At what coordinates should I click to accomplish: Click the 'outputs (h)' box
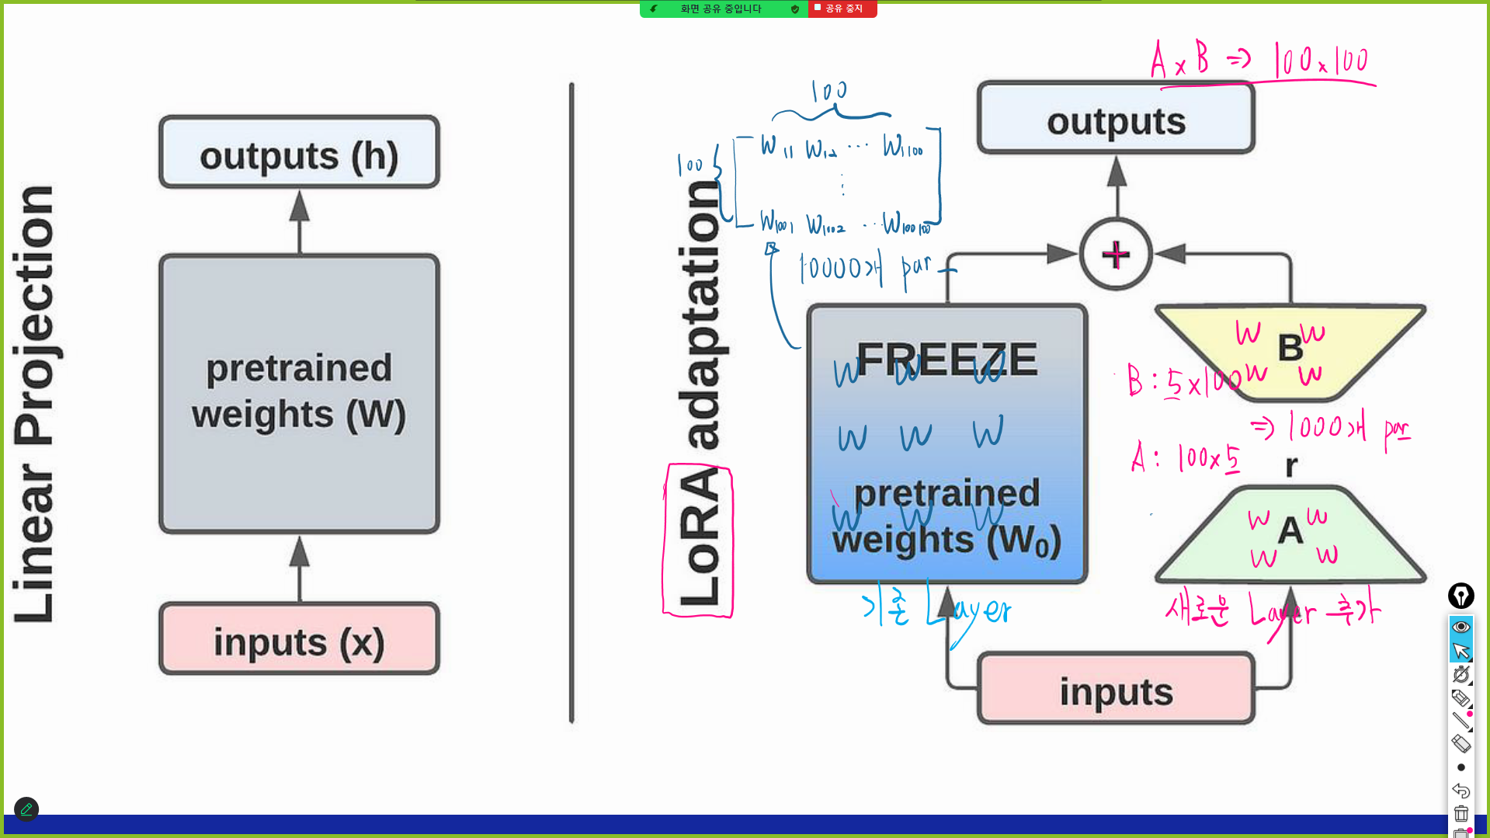coord(299,153)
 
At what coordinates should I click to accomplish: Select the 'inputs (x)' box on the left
coord(299,640)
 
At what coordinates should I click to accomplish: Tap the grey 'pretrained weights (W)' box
coord(299,393)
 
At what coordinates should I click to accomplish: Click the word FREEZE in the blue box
coord(946,359)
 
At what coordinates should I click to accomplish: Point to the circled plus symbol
coord(1116,255)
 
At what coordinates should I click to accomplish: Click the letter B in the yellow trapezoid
coord(1290,347)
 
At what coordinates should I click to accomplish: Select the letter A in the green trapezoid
coord(1290,530)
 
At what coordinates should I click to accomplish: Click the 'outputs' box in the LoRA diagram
coord(1116,120)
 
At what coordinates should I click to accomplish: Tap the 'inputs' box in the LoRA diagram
coord(1116,690)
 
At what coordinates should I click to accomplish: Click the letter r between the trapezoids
coord(1291,465)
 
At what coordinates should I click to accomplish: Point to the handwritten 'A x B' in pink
coord(1179,60)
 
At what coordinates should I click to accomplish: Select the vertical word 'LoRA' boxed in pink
coord(698,539)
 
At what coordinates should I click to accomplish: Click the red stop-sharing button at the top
coord(843,9)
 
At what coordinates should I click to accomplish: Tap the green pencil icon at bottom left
coord(26,809)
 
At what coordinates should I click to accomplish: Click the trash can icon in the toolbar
coord(1461,813)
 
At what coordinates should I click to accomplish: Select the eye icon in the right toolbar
coord(1461,627)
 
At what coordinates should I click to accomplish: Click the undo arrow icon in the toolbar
coord(1461,790)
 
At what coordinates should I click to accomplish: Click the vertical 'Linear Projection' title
coord(34,404)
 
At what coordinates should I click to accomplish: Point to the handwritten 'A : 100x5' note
coord(1185,457)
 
